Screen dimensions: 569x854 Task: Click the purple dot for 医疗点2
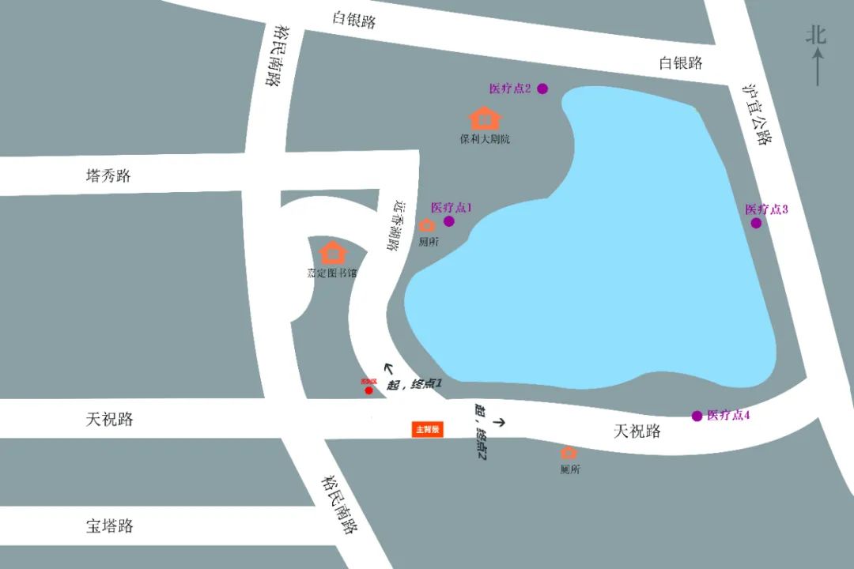pyautogui.click(x=542, y=89)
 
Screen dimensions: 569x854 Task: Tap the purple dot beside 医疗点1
pyautogui.click(x=449, y=221)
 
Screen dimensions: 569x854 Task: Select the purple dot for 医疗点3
pyautogui.click(x=756, y=223)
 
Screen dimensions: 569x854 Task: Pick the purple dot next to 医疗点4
pyautogui.click(x=697, y=416)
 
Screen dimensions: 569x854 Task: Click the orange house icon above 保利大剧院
pyautogui.click(x=485, y=119)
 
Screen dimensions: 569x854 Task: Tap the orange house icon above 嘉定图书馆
pyautogui.click(x=333, y=253)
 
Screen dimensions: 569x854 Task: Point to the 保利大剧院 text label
pyautogui.click(x=485, y=139)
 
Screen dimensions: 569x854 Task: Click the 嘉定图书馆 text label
pyautogui.click(x=332, y=273)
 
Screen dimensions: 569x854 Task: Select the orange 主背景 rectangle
pyautogui.click(x=428, y=429)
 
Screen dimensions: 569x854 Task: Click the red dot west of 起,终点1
pyautogui.click(x=368, y=390)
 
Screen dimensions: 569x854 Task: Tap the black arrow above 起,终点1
pyautogui.click(x=389, y=367)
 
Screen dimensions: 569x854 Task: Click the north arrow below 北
pyautogui.click(x=818, y=66)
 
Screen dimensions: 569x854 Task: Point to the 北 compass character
pyautogui.click(x=816, y=35)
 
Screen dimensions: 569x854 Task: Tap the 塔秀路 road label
pyautogui.click(x=108, y=175)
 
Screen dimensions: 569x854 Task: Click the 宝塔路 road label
pyautogui.click(x=110, y=526)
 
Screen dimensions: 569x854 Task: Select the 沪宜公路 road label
pyautogui.click(x=757, y=115)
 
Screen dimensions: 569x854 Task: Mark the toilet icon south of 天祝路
pyautogui.click(x=569, y=453)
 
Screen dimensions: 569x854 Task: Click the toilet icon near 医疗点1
pyautogui.click(x=427, y=226)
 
